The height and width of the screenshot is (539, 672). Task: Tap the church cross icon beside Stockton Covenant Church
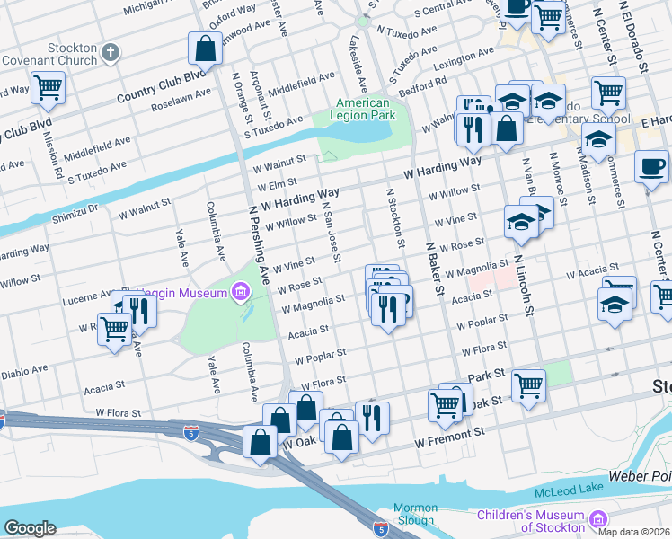111,52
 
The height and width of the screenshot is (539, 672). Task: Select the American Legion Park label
364,110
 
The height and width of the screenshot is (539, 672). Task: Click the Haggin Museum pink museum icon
240,291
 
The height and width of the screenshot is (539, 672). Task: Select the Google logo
30,528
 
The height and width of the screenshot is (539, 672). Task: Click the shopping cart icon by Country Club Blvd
48,88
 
